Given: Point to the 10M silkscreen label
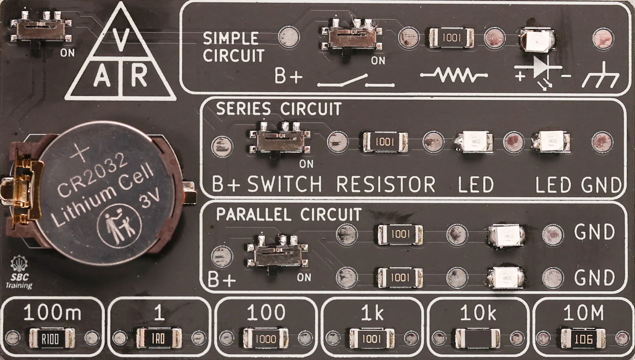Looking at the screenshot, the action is coord(583,313).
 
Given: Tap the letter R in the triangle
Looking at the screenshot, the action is coord(139,76).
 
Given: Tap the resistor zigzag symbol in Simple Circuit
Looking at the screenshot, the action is coord(454,75).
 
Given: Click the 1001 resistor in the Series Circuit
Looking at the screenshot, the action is coord(385,142).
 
